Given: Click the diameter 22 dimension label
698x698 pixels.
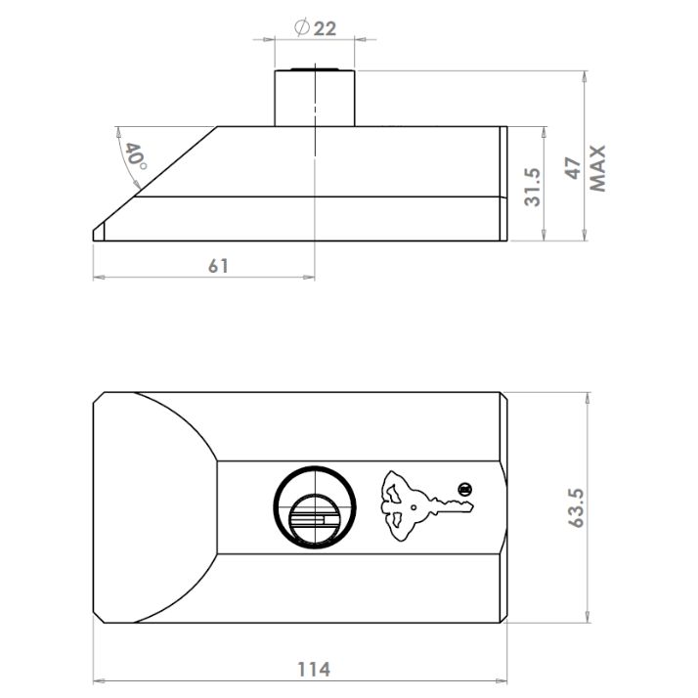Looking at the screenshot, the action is pyautogui.click(x=315, y=28).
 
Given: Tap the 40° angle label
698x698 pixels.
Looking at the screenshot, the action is pyautogui.click(x=136, y=156).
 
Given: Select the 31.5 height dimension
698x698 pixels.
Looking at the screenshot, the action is pyautogui.click(x=532, y=187).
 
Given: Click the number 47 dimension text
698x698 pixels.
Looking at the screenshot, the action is pyautogui.click(x=573, y=168).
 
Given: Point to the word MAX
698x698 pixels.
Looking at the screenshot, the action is pyautogui.click(x=598, y=168).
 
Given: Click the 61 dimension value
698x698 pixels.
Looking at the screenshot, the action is pyautogui.click(x=219, y=266).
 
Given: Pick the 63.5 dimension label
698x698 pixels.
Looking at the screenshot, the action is pyautogui.click(x=577, y=508).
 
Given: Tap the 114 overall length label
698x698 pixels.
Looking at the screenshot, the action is pyautogui.click(x=314, y=669).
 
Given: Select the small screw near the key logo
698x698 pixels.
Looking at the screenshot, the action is pyautogui.click(x=465, y=490).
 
